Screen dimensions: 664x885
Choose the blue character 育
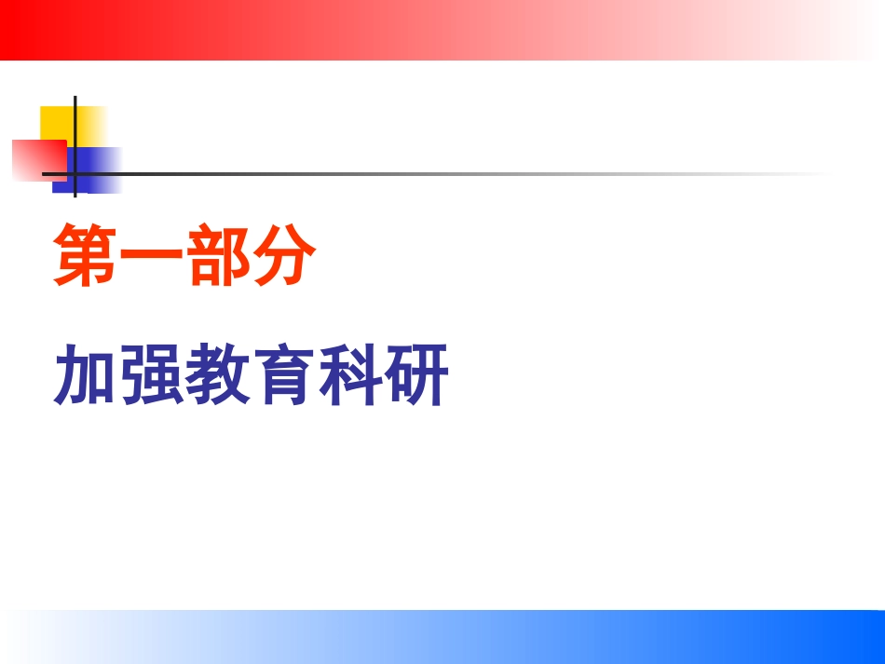pyautogui.click(x=283, y=374)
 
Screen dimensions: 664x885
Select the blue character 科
pyautogui.click(x=349, y=374)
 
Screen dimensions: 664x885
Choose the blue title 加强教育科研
pyautogui.click(x=251, y=374)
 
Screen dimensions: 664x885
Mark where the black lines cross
pyautogui.click(x=75, y=174)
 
